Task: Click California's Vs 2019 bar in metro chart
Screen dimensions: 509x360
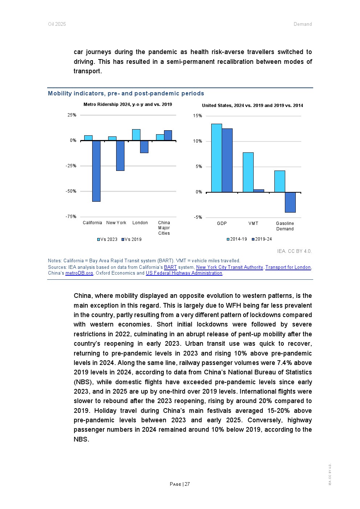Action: (96, 171)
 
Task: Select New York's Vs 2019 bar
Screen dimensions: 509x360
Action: (120, 156)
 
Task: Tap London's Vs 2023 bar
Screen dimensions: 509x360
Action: (136, 135)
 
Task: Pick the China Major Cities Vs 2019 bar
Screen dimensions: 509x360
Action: (168, 135)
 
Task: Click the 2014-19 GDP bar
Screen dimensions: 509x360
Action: (216, 158)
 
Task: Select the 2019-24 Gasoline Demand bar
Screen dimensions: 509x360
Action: (290, 202)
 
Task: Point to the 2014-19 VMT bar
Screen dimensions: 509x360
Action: (248, 172)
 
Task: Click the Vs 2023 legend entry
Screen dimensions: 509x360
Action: (107, 239)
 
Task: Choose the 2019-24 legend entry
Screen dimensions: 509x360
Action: (262, 239)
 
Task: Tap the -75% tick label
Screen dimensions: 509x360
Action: (71, 217)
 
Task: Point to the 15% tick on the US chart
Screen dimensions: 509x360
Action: (197, 116)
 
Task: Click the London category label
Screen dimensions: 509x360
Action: (140, 223)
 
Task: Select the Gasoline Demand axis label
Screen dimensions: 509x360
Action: (285, 226)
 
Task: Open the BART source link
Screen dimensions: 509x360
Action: (170, 267)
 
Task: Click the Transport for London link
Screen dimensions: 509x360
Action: (288, 267)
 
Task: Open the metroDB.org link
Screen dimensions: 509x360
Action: (79, 273)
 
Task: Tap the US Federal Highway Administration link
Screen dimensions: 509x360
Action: (184, 273)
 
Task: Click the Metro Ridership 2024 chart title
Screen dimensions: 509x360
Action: (128, 104)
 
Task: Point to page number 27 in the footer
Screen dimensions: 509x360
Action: (187, 484)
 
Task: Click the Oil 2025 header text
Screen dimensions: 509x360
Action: (57, 24)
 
